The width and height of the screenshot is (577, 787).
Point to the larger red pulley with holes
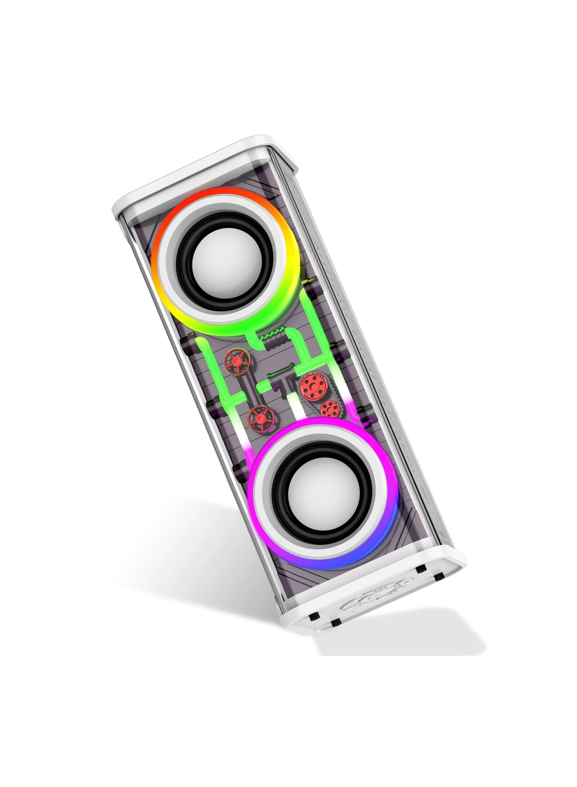point(312,385)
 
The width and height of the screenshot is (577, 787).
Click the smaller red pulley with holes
point(329,409)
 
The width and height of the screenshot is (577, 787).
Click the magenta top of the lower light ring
point(313,425)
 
